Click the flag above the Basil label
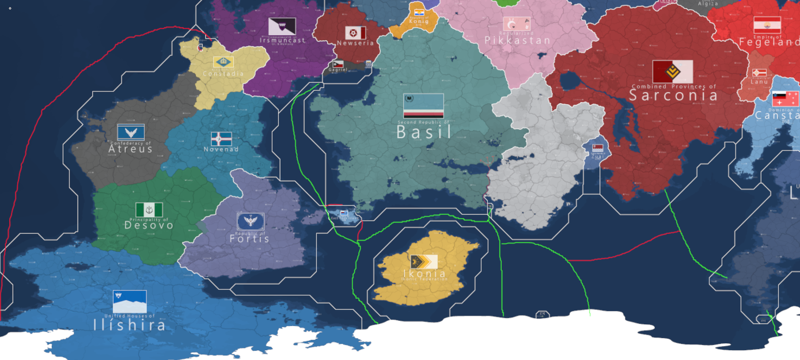[x=423, y=105]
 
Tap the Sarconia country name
[x=673, y=96]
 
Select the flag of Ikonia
[x=424, y=262]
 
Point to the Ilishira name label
[x=130, y=325]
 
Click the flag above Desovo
[x=149, y=210]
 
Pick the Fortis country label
[x=249, y=238]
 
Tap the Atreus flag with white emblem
[x=131, y=132]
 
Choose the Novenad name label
[x=221, y=150]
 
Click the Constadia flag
[x=223, y=62]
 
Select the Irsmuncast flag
[x=282, y=26]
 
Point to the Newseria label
[x=355, y=43]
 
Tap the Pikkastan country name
[x=517, y=41]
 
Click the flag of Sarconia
[x=673, y=72]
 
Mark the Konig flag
[x=419, y=13]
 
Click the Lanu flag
[x=759, y=73]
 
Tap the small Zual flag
[x=597, y=148]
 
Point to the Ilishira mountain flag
[x=130, y=301]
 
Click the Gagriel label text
[x=338, y=70]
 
